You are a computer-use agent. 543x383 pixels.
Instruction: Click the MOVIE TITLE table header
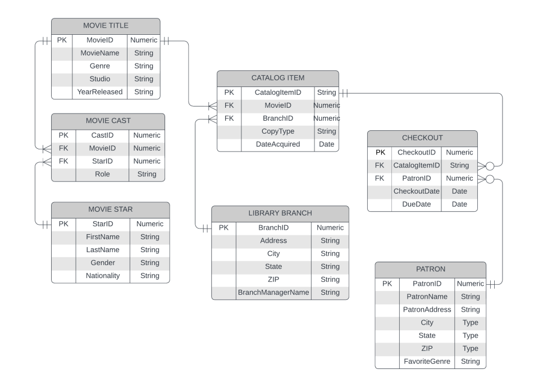(x=106, y=26)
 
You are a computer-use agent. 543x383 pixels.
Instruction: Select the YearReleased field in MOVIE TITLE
(x=99, y=92)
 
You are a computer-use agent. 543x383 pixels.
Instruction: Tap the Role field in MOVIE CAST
(x=102, y=174)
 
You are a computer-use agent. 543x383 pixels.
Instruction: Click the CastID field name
(x=102, y=135)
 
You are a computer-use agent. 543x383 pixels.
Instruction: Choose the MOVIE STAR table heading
(x=110, y=209)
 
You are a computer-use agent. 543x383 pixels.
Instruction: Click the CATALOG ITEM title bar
(x=277, y=78)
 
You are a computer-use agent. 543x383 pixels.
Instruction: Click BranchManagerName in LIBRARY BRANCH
(x=273, y=293)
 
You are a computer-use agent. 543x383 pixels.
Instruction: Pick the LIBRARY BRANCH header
(x=280, y=213)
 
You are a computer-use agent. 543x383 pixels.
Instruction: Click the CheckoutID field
(x=416, y=152)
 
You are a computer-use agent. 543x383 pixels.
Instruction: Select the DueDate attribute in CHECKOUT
(x=416, y=204)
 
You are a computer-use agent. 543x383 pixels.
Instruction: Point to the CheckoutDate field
(x=416, y=191)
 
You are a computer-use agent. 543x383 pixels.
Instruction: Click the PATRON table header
(x=430, y=270)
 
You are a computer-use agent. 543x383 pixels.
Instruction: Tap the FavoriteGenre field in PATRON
(x=427, y=362)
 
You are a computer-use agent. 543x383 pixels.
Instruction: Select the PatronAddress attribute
(x=427, y=309)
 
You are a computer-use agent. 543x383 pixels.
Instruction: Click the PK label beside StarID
(x=63, y=224)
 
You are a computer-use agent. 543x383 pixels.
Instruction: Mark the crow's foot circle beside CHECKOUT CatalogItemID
(x=490, y=166)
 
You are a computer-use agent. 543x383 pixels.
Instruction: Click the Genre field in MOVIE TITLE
(x=99, y=66)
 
